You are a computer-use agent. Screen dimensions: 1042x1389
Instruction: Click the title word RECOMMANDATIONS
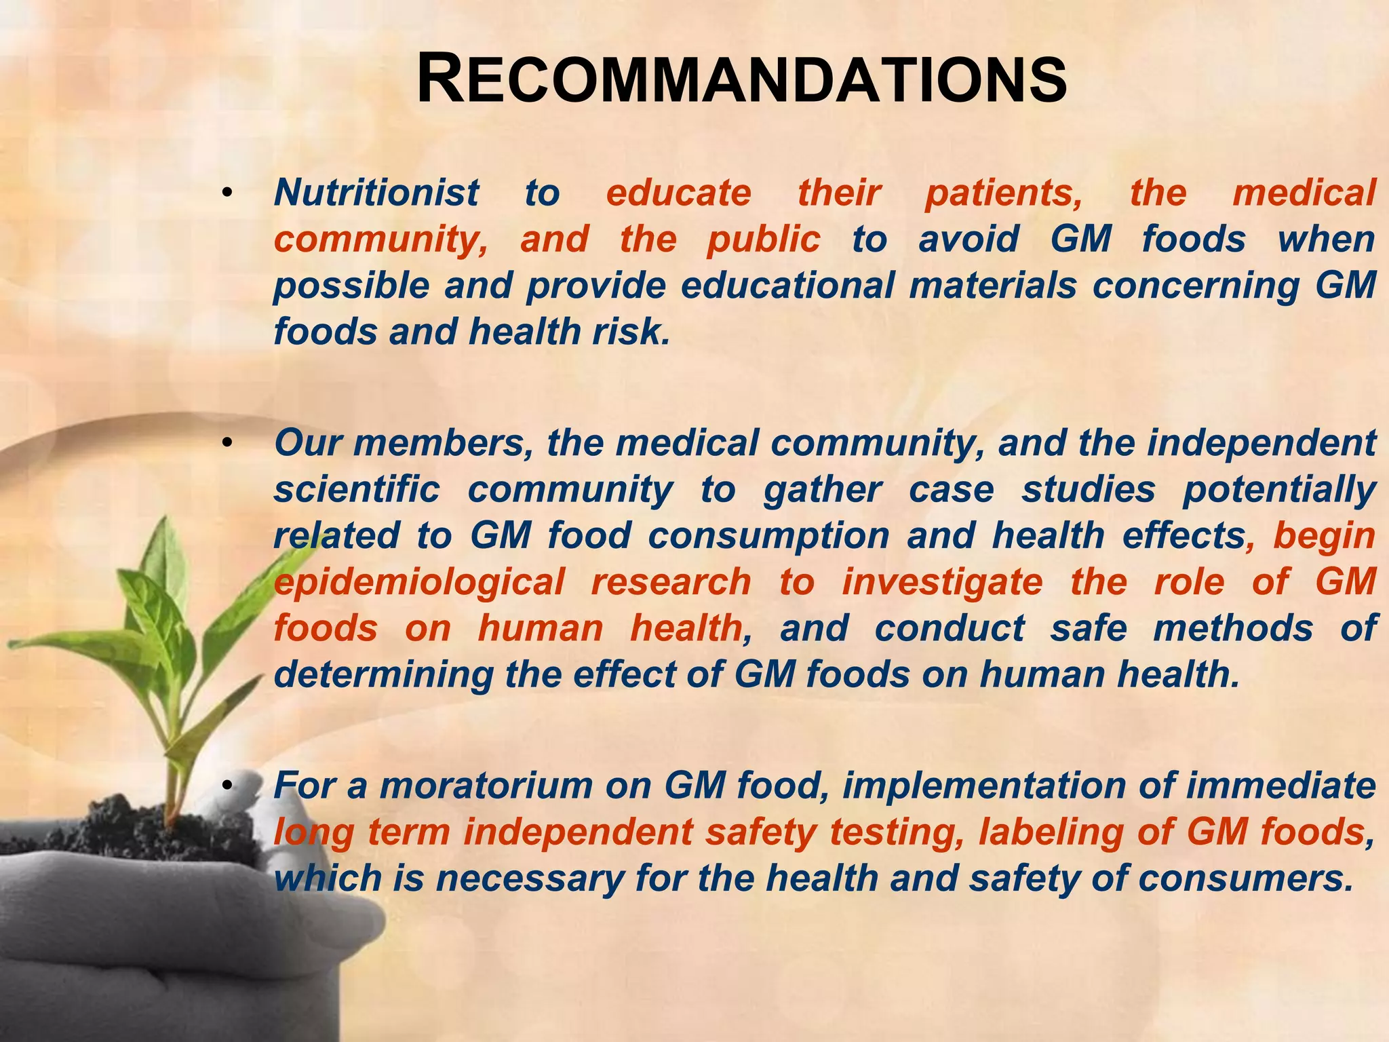(741, 81)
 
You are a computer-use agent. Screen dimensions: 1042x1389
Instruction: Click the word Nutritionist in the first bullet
(376, 193)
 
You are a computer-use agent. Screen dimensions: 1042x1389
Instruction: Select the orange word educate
(678, 193)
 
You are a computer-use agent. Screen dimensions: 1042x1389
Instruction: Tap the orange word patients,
(1004, 193)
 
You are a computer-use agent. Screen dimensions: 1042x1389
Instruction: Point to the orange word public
(763, 239)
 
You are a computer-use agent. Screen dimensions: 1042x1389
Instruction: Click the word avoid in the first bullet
(968, 239)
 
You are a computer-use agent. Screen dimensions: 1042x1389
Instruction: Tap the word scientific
(356, 490)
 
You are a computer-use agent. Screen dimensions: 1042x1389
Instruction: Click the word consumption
(768, 537)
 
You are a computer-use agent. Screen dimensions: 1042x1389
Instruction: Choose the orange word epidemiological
(418, 583)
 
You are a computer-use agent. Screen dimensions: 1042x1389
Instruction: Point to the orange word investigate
(942, 583)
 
